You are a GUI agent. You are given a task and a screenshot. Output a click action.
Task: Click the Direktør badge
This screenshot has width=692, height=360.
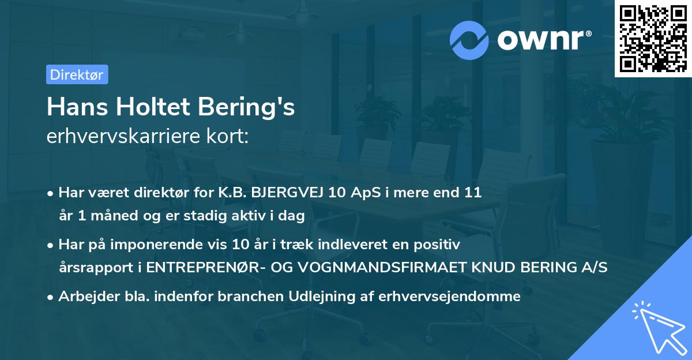(x=77, y=74)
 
